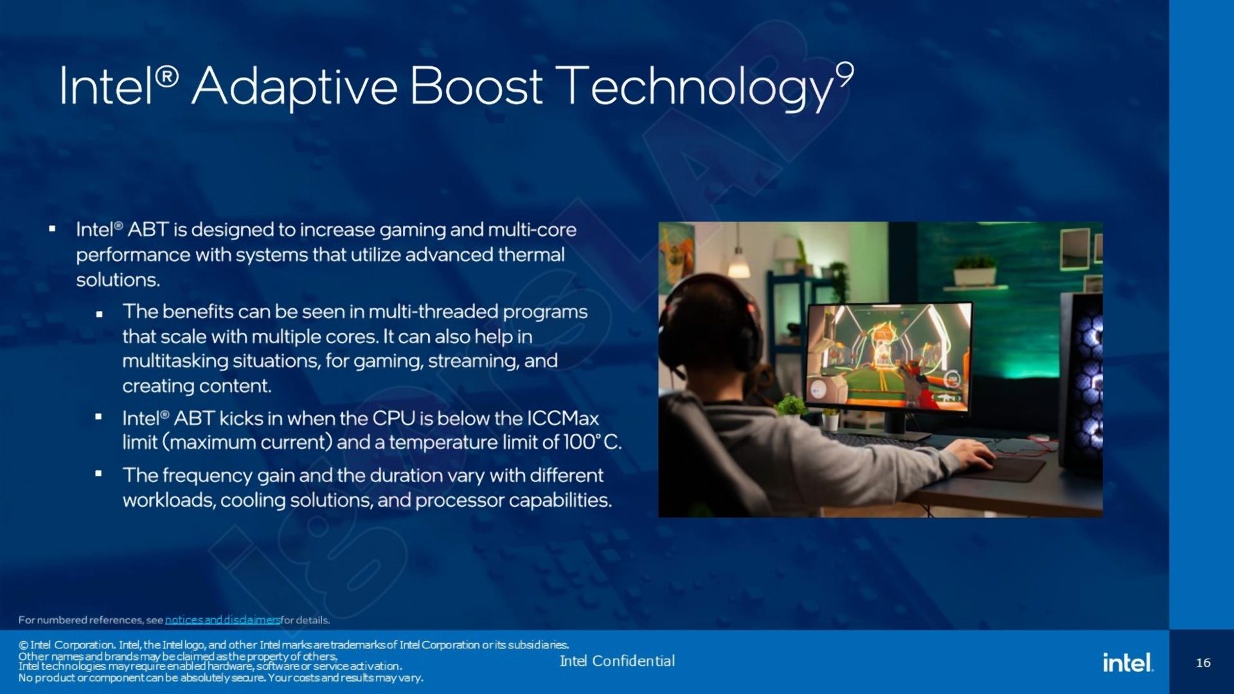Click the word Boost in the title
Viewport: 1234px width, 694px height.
[476, 85]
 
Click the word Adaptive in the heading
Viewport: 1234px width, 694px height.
[294, 87]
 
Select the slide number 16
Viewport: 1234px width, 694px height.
[1203, 663]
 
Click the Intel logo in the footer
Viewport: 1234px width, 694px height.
[1128, 662]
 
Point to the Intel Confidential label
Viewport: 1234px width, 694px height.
[617, 661]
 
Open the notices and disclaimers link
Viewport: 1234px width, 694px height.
[222, 620]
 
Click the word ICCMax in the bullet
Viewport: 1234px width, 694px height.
[563, 418]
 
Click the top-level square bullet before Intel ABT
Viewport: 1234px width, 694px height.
[52, 228]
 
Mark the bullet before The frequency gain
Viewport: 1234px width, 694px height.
[98, 474]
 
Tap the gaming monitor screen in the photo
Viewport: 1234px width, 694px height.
[889, 356]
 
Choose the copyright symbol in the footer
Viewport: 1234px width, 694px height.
[23, 645]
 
